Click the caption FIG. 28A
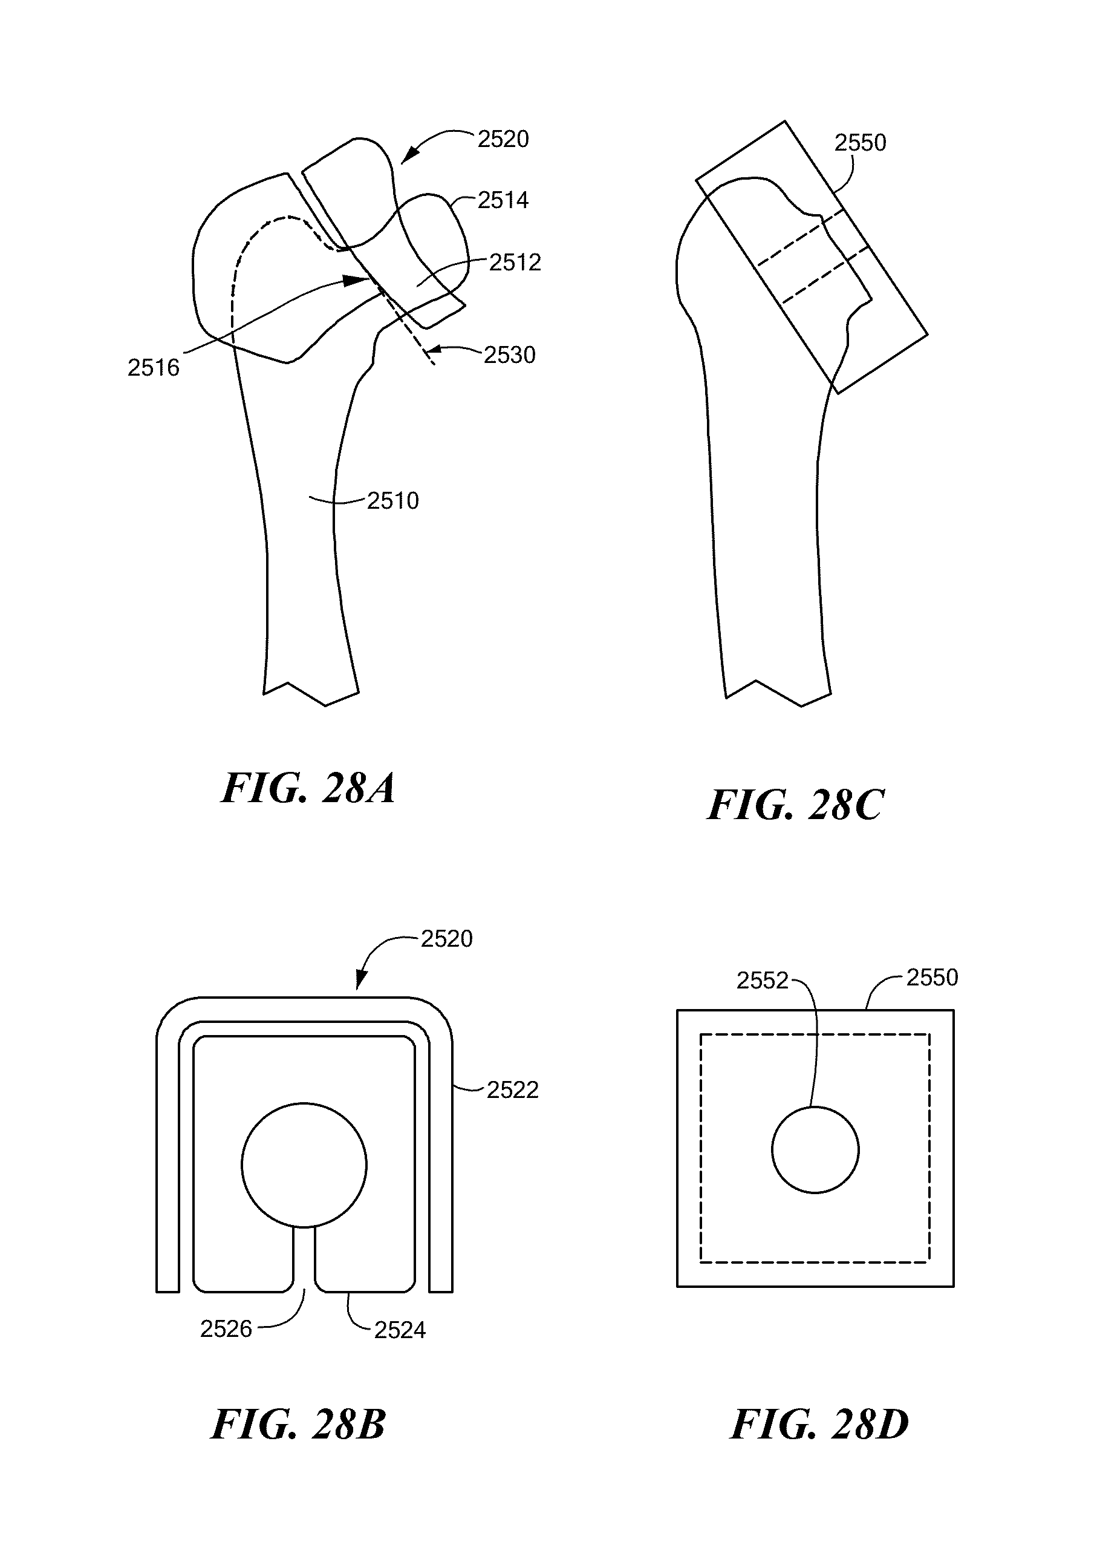click(308, 788)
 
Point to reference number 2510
click(393, 501)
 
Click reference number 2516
click(154, 367)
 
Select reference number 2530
click(509, 354)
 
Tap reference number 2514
click(503, 200)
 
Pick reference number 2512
click(515, 263)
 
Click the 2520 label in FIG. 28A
click(503, 139)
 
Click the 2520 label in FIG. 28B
click(446, 938)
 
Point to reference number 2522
click(513, 1089)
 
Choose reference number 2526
click(226, 1329)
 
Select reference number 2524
click(400, 1330)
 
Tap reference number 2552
click(762, 981)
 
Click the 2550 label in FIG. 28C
click(860, 142)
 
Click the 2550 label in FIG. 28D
click(932, 977)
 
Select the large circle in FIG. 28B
click(304, 1164)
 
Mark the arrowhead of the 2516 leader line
click(362, 280)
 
